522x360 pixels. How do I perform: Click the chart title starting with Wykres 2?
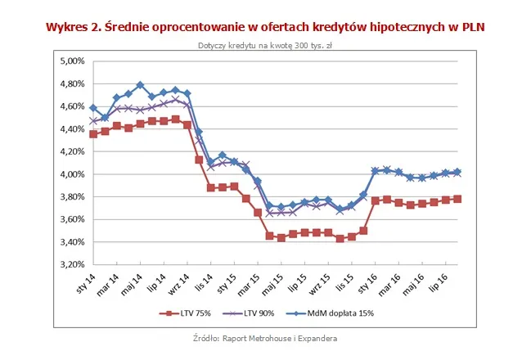[260, 26]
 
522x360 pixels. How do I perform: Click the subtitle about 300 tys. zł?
[260, 45]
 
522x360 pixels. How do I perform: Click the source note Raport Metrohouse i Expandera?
[260, 337]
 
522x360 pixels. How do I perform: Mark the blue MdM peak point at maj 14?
[140, 85]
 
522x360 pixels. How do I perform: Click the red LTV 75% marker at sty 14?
[93, 133]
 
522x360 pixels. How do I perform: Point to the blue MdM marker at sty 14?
[93, 108]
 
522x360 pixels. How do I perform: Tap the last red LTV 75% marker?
[457, 199]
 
